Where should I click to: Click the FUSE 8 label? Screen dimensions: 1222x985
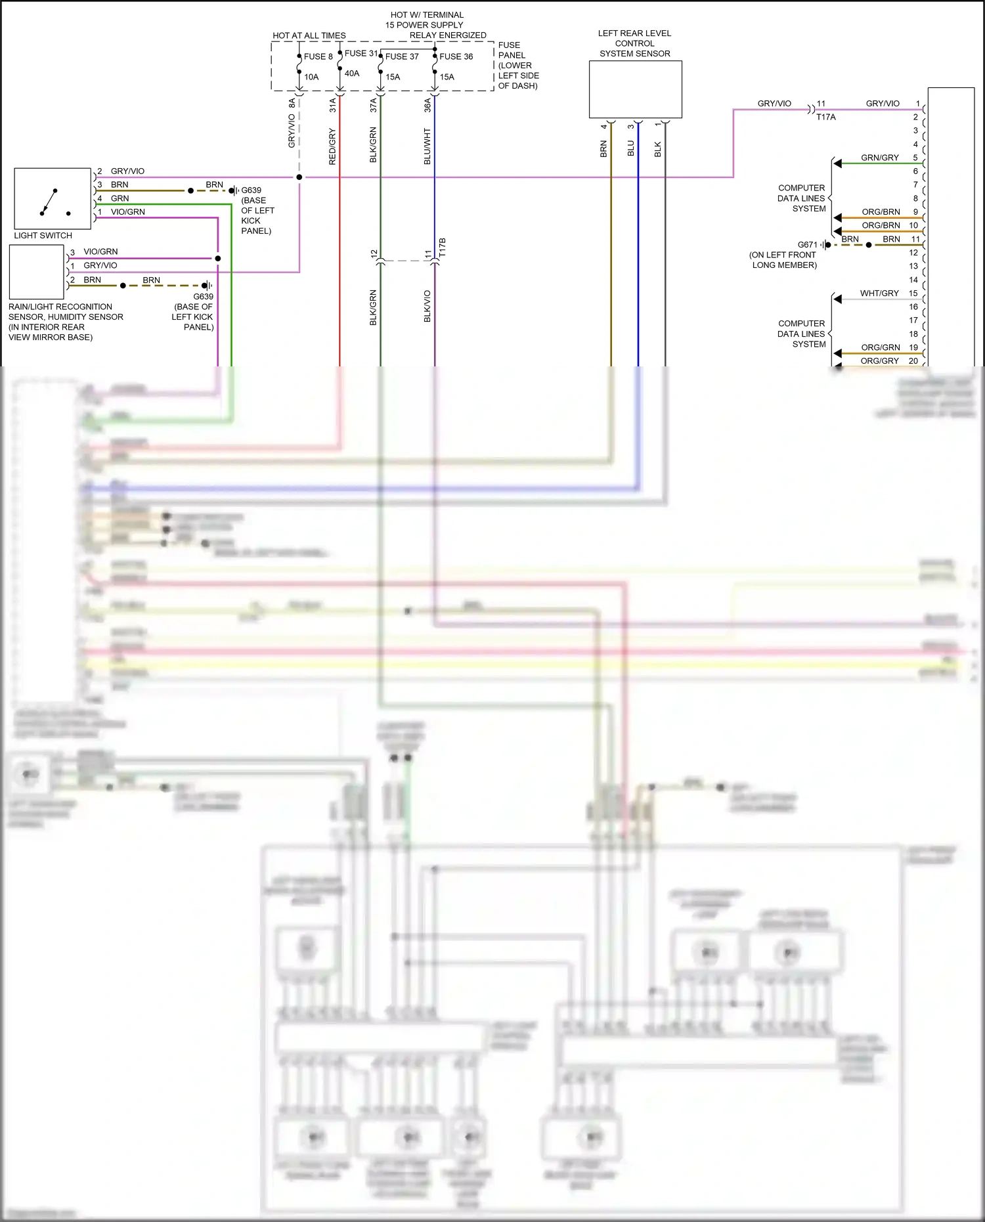pos(318,56)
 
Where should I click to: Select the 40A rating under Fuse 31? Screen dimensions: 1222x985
pos(352,74)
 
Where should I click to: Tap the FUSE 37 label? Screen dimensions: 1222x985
pos(402,56)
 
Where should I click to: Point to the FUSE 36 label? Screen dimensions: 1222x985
pos(456,56)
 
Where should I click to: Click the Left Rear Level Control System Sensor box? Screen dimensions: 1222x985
pos(635,89)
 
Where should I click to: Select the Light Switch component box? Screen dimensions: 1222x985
pos(53,198)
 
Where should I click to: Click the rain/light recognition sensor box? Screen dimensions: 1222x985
pos(37,272)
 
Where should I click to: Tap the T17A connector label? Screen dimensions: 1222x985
pos(826,117)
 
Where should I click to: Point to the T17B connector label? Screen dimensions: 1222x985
pos(443,248)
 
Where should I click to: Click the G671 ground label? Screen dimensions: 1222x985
pos(808,244)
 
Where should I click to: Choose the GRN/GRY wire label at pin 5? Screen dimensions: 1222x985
pos(880,158)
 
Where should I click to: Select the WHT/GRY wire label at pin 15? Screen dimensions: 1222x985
pos(879,294)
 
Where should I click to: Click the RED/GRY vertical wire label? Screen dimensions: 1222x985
pos(332,146)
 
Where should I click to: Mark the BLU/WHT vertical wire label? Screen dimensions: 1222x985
pos(427,146)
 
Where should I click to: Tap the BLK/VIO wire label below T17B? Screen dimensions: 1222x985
pos(427,306)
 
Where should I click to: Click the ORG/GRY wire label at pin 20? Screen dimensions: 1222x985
pos(879,361)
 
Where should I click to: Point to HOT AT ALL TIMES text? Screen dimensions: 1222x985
pos(309,35)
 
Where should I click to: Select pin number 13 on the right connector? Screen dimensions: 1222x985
pos(913,266)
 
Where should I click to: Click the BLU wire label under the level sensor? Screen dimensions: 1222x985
pos(631,148)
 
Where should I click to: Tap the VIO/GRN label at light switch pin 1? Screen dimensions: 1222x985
pos(128,212)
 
